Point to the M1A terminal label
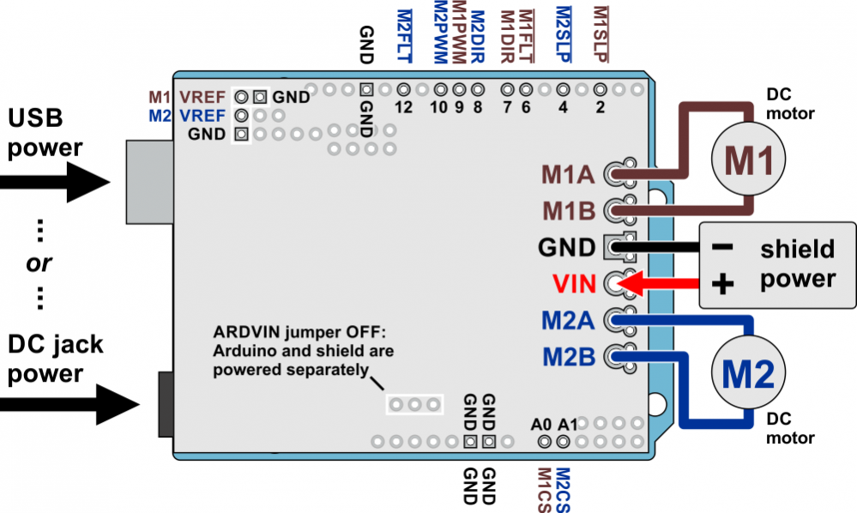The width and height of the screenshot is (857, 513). pyautogui.click(x=567, y=175)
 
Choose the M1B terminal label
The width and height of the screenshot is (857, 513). pyautogui.click(x=567, y=210)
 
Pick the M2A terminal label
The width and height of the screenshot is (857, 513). pyautogui.click(x=567, y=321)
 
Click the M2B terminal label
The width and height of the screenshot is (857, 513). pyautogui.click(x=567, y=355)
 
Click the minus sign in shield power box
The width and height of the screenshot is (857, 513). pyautogui.click(x=723, y=247)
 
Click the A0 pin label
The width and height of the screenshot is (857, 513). pyautogui.click(x=540, y=424)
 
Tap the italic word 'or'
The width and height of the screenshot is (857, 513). pyautogui.click(x=39, y=263)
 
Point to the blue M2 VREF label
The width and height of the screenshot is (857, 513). pyautogui.click(x=187, y=114)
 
